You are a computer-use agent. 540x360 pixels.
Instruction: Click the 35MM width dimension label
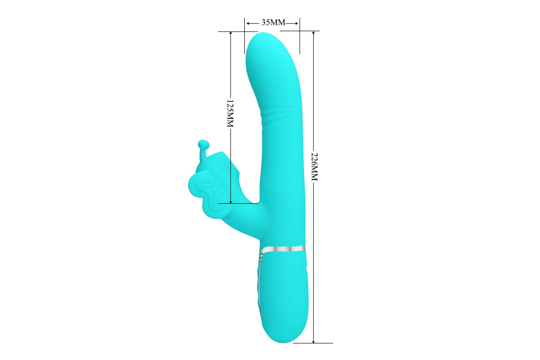click(x=274, y=22)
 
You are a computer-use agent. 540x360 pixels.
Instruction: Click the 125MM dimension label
click(x=230, y=113)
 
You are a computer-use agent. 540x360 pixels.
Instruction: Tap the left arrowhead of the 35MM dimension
click(x=248, y=23)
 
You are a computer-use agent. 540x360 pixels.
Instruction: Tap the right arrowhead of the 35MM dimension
click(x=296, y=23)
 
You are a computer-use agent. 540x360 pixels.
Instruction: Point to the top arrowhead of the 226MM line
click(x=313, y=33)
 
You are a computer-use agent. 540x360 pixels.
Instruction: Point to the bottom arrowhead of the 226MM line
click(x=313, y=341)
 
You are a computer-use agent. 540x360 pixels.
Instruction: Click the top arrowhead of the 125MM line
click(x=231, y=34)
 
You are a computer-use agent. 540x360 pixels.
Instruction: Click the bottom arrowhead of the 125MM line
click(x=231, y=201)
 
